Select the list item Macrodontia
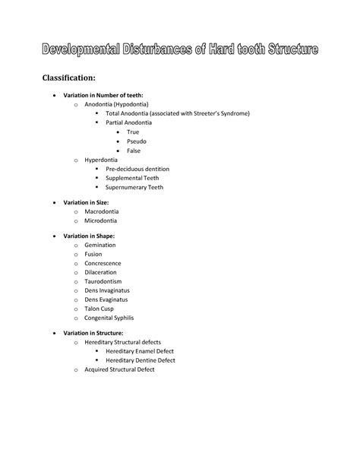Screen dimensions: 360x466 pos(102,211)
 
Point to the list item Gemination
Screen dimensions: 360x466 pos(99,246)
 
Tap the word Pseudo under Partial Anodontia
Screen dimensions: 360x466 pos(137,141)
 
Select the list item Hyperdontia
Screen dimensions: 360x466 pos(102,160)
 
